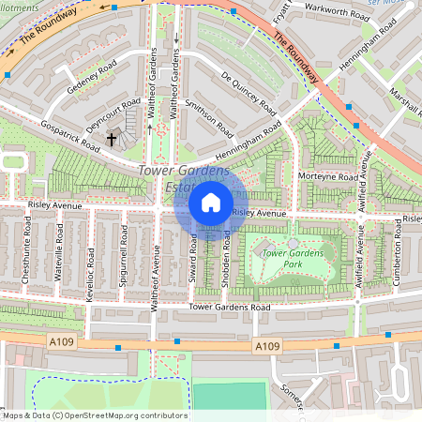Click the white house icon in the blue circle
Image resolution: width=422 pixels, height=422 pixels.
pos(211,202)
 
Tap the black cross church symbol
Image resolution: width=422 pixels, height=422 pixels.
pos(112,140)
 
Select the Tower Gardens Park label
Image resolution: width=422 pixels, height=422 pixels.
pos(293,259)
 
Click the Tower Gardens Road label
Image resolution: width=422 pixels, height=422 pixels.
pos(229,307)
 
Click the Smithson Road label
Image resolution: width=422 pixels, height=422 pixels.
pos(208,118)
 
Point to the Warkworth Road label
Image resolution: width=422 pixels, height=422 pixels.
pos(322,14)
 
